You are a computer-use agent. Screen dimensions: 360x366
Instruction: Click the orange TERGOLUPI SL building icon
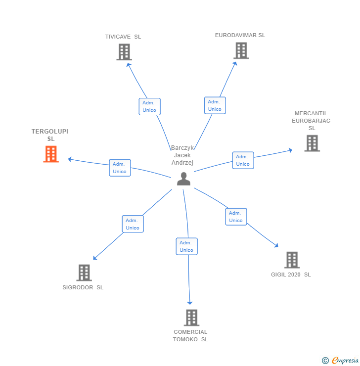(x=51, y=154)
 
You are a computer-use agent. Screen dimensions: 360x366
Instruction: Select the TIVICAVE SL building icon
(x=124, y=52)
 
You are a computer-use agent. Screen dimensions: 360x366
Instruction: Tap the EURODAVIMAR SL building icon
(x=241, y=50)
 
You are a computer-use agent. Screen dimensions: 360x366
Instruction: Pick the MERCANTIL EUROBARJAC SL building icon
(x=312, y=143)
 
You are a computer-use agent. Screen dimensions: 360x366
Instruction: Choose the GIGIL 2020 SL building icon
(x=292, y=260)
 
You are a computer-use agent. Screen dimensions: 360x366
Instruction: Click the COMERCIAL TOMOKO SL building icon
(x=191, y=318)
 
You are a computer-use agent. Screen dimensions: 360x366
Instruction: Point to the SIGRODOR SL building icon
(x=84, y=273)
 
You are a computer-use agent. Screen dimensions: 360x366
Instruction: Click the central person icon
(x=183, y=179)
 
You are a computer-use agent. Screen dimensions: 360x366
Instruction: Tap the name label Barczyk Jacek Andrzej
(x=182, y=155)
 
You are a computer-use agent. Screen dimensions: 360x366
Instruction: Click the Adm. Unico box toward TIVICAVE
(x=149, y=106)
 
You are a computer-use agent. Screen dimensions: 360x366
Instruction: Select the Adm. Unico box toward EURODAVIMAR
(x=215, y=105)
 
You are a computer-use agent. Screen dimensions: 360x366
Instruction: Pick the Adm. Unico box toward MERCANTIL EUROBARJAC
(x=243, y=160)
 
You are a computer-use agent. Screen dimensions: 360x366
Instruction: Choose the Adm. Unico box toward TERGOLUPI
(x=120, y=168)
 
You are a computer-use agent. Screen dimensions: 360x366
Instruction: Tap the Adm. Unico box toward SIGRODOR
(x=133, y=224)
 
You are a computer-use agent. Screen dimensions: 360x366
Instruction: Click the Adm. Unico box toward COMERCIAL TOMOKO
(x=186, y=246)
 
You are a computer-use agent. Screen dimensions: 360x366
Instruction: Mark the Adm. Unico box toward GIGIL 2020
(x=236, y=217)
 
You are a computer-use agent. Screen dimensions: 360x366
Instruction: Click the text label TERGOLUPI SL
(x=50, y=135)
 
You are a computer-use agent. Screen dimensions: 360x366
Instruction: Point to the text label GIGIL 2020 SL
(x=291, y=274)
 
